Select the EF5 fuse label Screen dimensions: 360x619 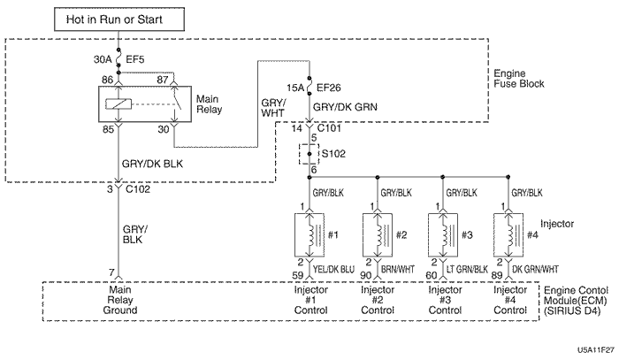click(136, 60)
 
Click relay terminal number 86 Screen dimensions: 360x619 click(108, 80)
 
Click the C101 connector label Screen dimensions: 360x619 click(329, 129)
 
